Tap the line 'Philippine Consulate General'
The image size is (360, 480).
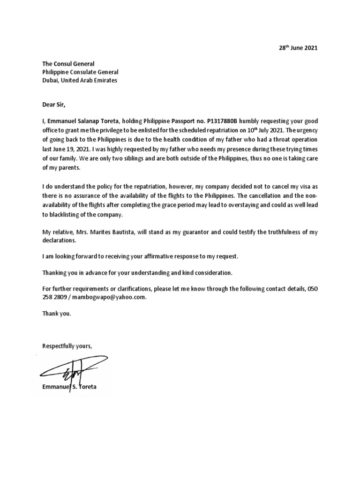(80, 72)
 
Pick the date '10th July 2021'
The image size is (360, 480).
(262, 130)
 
